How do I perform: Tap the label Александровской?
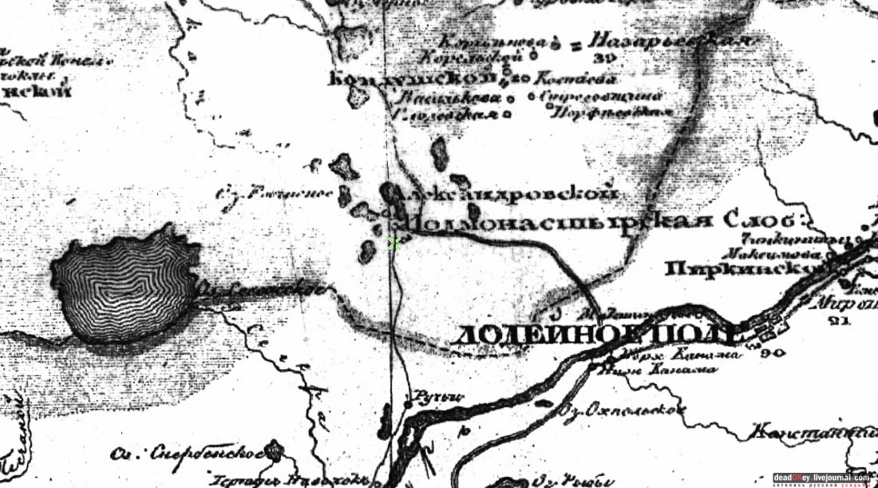click(x=511, y=194)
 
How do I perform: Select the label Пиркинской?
click(x=738, y=270)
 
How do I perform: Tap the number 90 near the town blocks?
click(x=773, y=351)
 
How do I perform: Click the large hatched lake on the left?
click(x=124, y=284)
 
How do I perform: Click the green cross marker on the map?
click(x=393, y=243)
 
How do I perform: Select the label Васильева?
click(x=451, y=97)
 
